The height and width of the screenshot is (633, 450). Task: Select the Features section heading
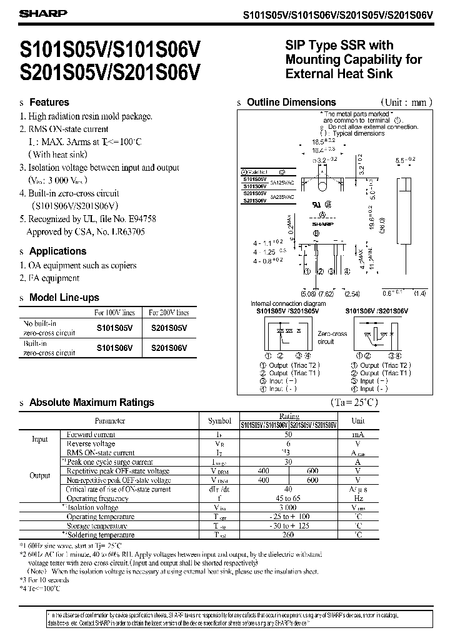pyautogui.click(x=49, y=102)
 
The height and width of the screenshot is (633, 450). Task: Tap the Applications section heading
pyautogui.click(x=57, y=251)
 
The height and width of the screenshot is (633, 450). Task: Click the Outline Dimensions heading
pyautogui.click(x=291, y=102)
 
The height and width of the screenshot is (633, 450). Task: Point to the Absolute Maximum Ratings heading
pyautogui.click(x=91, y=402)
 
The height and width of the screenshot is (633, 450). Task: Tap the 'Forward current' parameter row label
pyautogui.click(x=91, y=434)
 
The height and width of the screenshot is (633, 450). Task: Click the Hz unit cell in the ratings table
pyautogui.click(x=358, y=499)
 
